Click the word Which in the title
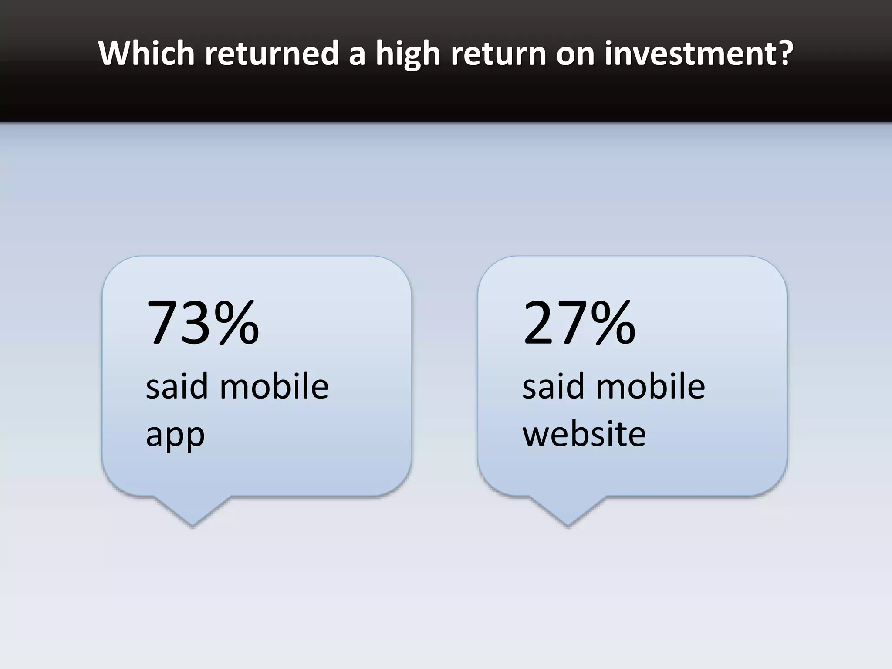click(x=147, y=53)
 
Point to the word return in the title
click(x=498, y=53)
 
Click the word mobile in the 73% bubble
click(x=274, y=386)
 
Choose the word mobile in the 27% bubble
click(x=650, y=386)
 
